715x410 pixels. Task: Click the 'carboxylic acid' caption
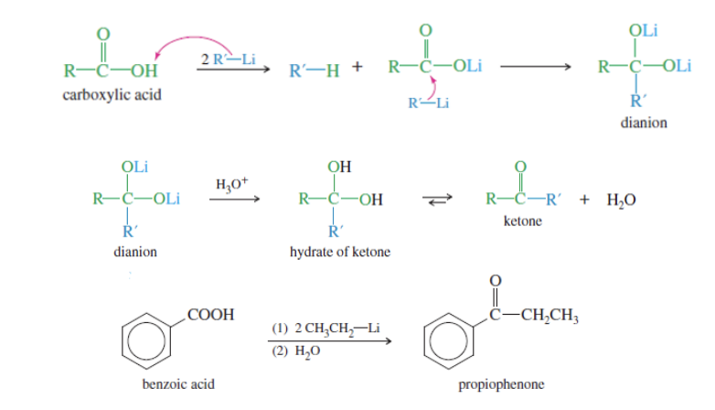pos(112,94)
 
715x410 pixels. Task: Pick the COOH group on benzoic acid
pos(208,314)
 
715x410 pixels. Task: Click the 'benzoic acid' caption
pos(179,384)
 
